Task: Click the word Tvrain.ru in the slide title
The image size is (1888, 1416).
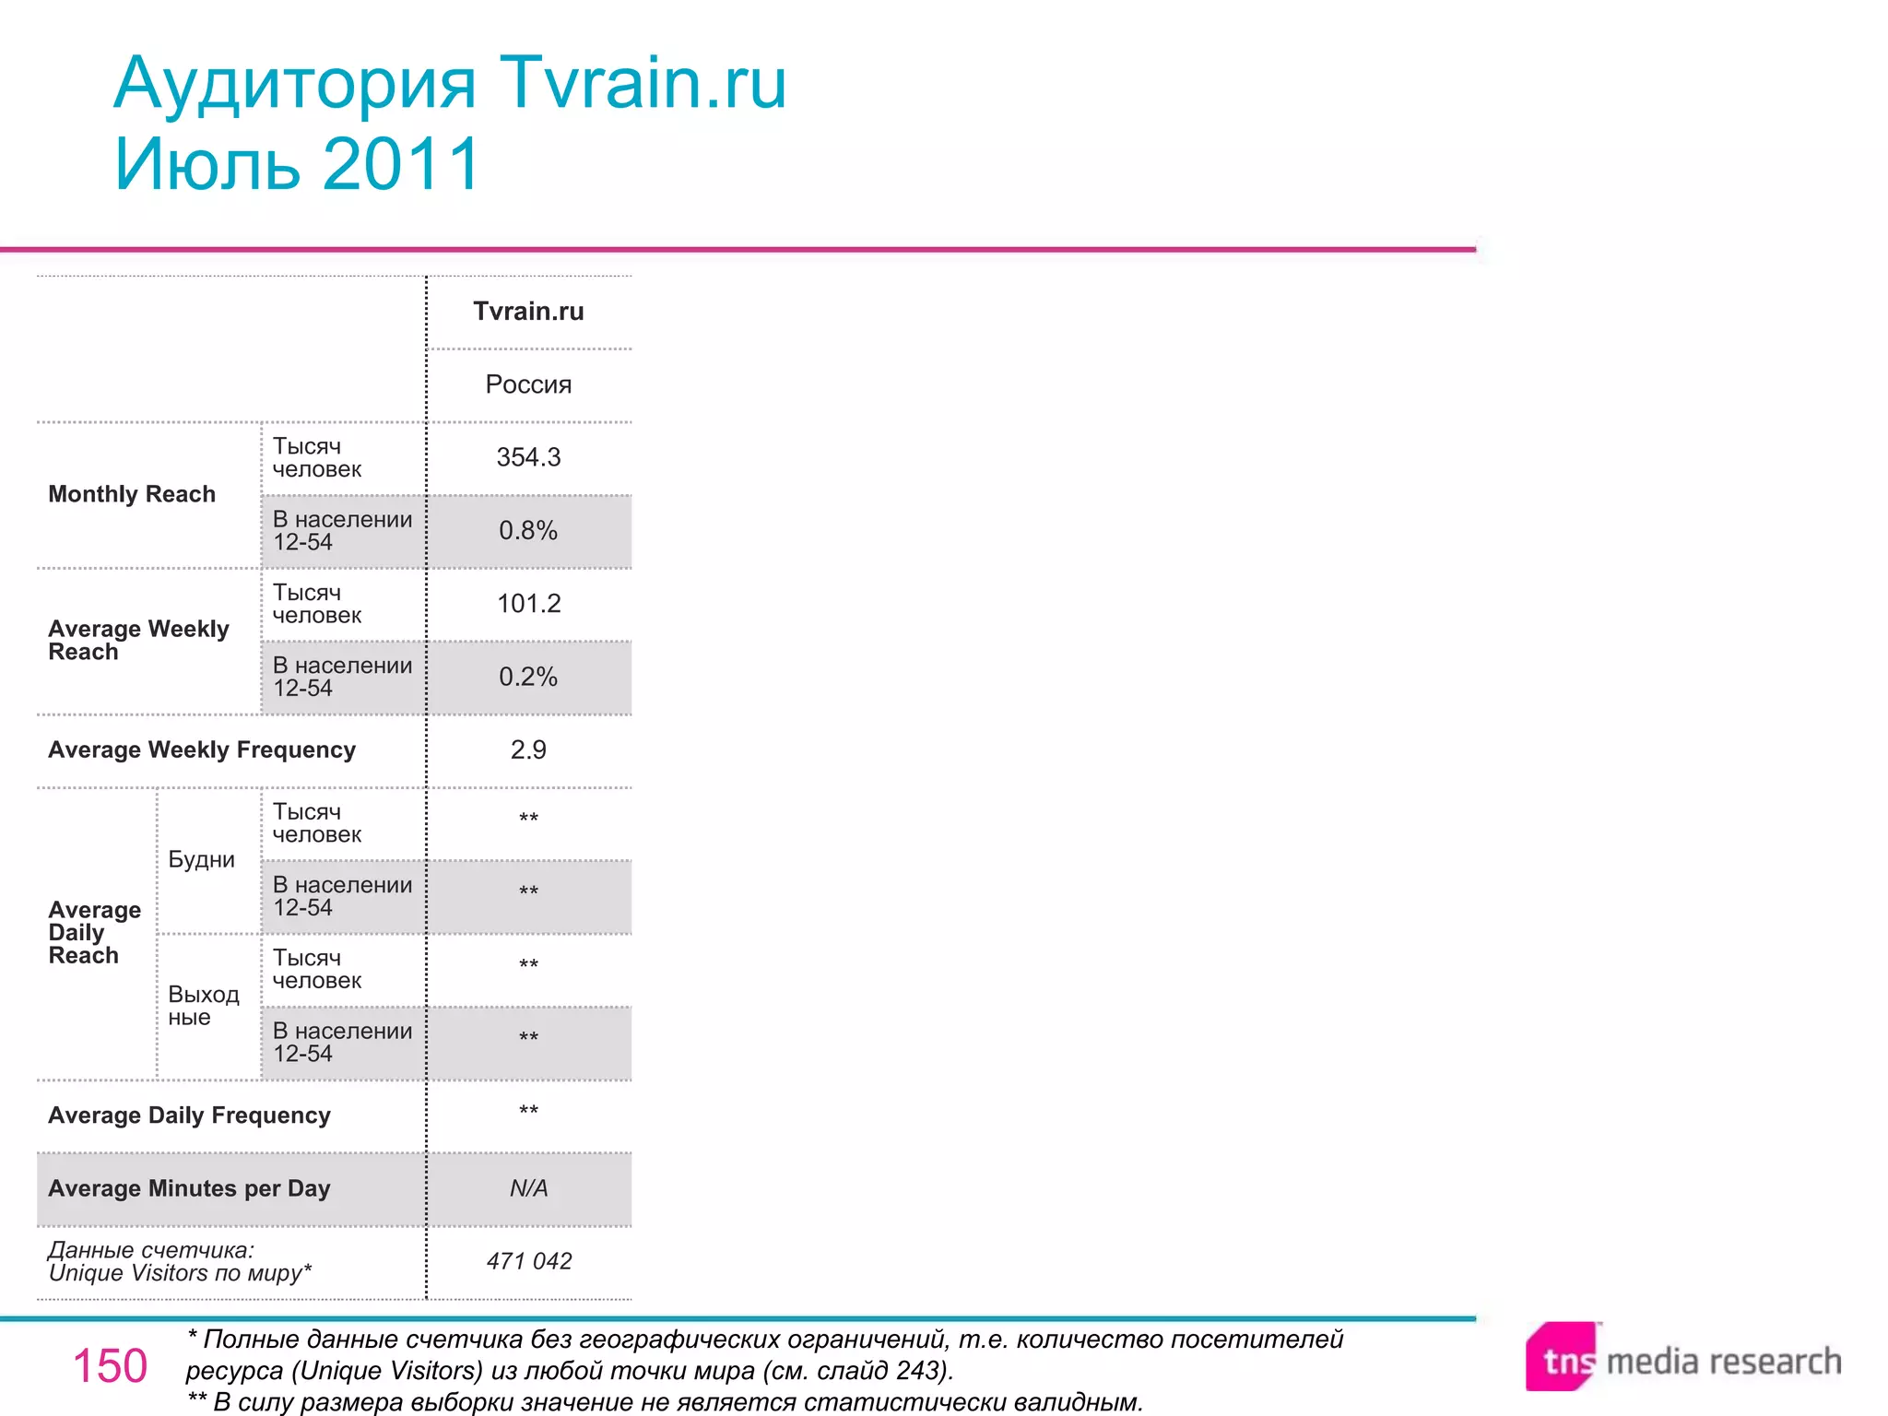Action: click(x=643, y=83)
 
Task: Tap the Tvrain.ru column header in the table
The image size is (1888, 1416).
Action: click(x=528, y=312)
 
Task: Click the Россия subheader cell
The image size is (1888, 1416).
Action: click(x=528, y=384)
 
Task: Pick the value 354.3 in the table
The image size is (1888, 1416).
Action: click(x=528, y=457)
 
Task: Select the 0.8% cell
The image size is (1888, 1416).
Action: click(x=528, y=531)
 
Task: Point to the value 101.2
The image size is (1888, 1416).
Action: click(x=528, y=604)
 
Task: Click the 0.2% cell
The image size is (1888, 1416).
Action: click(x=528, y=677)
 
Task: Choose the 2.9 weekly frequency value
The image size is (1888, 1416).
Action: click(x=528, y=749)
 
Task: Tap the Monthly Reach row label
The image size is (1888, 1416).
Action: click(x=132, y=494)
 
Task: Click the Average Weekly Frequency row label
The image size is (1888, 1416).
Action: click(x=202, y=749)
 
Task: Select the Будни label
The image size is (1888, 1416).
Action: click(x=201, y=859)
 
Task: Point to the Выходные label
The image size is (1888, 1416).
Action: click(x=203, y=1006)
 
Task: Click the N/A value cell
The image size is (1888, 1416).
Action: click(x=528, y=1188)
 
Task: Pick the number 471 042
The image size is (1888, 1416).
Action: click(x=528, y=1261)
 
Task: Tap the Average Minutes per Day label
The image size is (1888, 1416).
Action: click(x=189, y=1188)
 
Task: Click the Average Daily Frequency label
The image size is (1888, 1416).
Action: click(x=189, y=1115)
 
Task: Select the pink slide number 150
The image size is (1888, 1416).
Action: click(x=110, y=1365)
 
